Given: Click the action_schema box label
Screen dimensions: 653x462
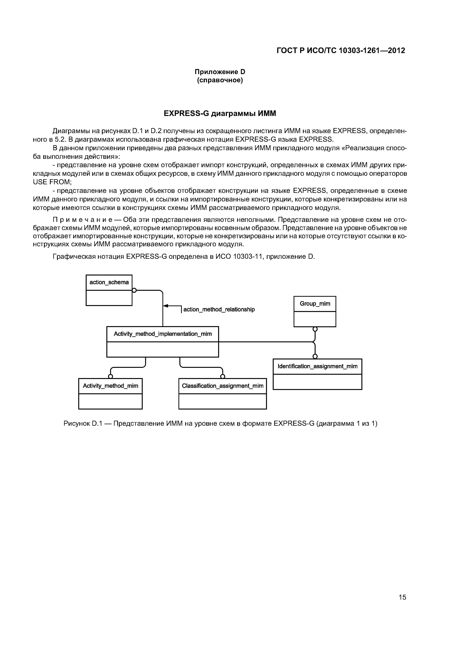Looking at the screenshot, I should pyautogui.click(x=109, y=282).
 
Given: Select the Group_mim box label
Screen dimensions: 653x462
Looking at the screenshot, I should pyautogui.click(x=315, y=304).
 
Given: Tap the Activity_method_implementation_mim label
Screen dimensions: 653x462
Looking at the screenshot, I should pyautogui.click(x=163, y=334).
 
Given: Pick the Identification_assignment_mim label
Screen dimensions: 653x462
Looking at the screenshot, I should pyautogui.click(x=317, y=366).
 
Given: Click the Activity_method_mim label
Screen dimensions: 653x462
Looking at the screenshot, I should pyautogui.click(x=110, y=386).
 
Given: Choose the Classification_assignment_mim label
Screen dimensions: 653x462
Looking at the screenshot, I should pyautogui.click(x=223, y=386).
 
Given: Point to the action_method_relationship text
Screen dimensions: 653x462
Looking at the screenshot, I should pyautogui.click(x=219, y=309).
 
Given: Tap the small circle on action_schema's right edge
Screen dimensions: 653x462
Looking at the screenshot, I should pyautogui.click(x=134, y=290).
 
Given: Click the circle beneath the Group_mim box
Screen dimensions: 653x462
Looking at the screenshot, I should pyautogui.click(x=315, y=329).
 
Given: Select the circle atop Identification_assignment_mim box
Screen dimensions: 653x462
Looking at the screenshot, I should pyautogui.click(x=315, y=356).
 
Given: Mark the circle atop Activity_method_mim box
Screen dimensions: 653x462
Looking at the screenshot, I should pyautogui.click(x=110, y=376).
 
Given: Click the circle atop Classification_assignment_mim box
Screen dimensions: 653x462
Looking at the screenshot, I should pyautogui.click(x=223, y=376).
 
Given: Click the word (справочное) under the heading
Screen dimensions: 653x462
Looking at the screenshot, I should pyautogui.click(x=220, y=80).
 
